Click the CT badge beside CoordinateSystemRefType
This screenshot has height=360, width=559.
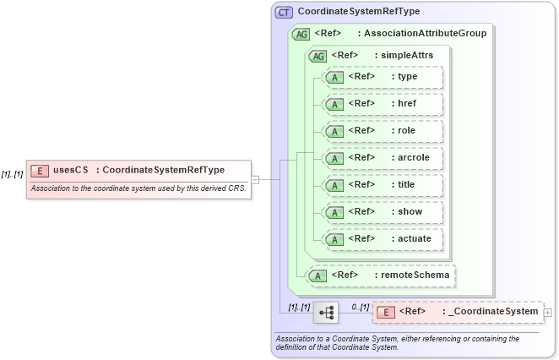(284, 12)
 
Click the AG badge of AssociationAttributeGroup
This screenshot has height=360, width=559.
(300, 34)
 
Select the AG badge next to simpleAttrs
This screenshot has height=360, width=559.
(318, 56)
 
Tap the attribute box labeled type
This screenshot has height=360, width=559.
(383, 77)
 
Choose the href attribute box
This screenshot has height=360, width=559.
(383, 104)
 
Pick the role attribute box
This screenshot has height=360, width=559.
(383, 131)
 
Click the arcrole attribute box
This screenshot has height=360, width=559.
(383, 158)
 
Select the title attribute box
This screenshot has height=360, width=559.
(383, 185)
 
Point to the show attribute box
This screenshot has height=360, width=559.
(383, 212)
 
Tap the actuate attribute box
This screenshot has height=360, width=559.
(383, 239)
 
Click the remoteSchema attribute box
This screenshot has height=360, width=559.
(381, 275)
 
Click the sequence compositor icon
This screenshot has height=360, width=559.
(325, 312)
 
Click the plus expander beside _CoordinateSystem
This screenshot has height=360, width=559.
(549, 312)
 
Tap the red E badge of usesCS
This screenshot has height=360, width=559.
(39, 170)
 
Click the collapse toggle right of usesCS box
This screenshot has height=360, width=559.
(255, 179)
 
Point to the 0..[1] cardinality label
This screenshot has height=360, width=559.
(360, 306)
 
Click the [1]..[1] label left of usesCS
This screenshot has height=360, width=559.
(12, 174)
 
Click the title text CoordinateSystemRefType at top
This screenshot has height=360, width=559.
(359, 12)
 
